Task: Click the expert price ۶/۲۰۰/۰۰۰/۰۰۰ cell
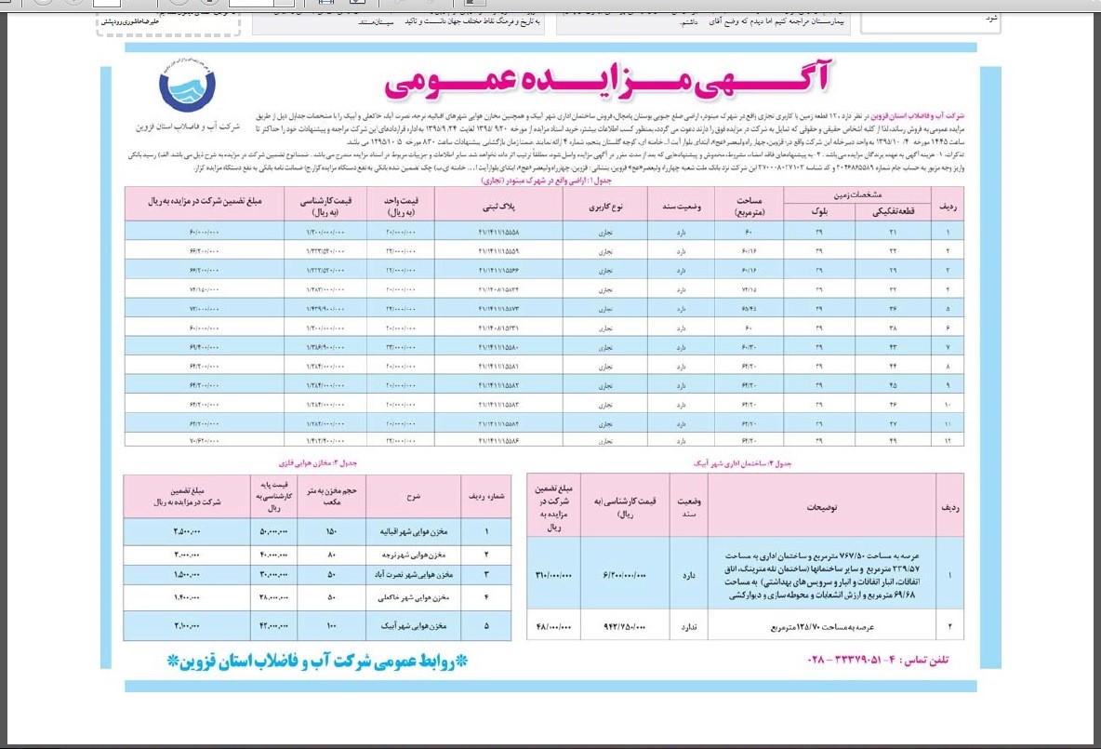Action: [x=625, y=574]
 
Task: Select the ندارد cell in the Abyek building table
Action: [x=689, y=626]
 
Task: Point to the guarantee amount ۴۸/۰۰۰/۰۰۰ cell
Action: [x=554, y=626]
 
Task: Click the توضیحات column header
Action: [x=821, y=506]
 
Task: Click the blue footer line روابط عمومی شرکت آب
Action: [x=318, y=662]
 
